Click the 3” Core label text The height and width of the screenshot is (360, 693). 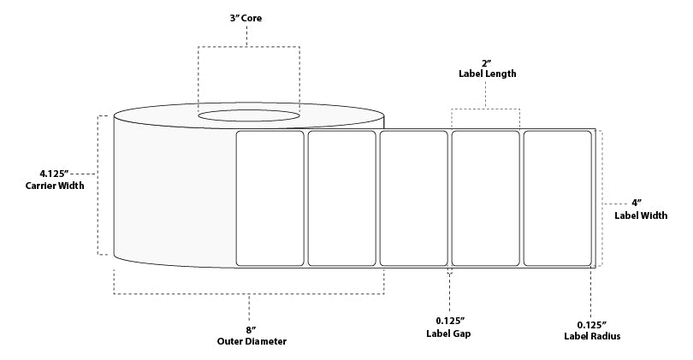tap(247, 17)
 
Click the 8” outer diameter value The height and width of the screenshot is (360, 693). tap(249, 328)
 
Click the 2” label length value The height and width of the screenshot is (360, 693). tap(486, 62)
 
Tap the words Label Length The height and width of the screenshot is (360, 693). tap(486, 74)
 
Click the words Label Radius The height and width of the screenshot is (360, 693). tap(593, 337)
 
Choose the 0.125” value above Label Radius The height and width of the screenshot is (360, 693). tap(593, 324)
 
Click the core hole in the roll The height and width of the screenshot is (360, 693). tap(249, 114)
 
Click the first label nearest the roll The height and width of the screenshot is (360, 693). tap(269, 198)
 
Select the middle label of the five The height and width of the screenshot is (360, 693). tap(414, 198)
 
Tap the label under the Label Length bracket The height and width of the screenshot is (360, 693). tap(486, 198)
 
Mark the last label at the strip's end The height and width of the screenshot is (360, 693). tap(558, 198)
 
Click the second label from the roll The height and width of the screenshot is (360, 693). tap(342, 198)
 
